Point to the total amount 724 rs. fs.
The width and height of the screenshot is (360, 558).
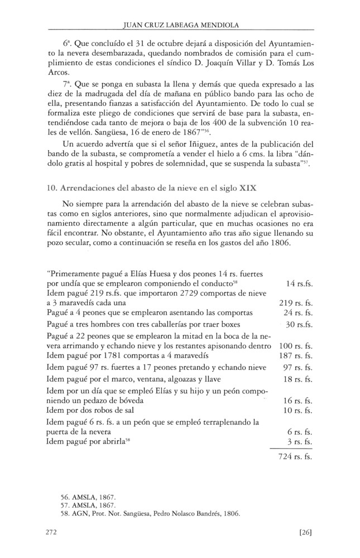(x=295, y=456)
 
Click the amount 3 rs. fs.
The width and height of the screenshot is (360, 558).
(x=299, y=441)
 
